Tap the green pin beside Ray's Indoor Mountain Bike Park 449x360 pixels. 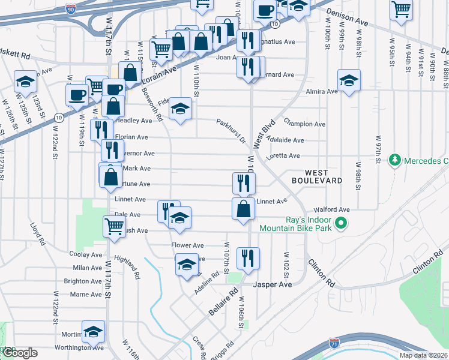pos(341,224)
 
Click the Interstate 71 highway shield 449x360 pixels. pos(340,343)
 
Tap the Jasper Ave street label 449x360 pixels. pos(273,284)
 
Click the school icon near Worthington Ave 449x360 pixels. pos(93,331)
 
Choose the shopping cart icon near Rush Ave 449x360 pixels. pos(114,227)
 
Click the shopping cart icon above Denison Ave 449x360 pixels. pos(400,9)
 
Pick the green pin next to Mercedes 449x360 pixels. pos(394,160)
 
